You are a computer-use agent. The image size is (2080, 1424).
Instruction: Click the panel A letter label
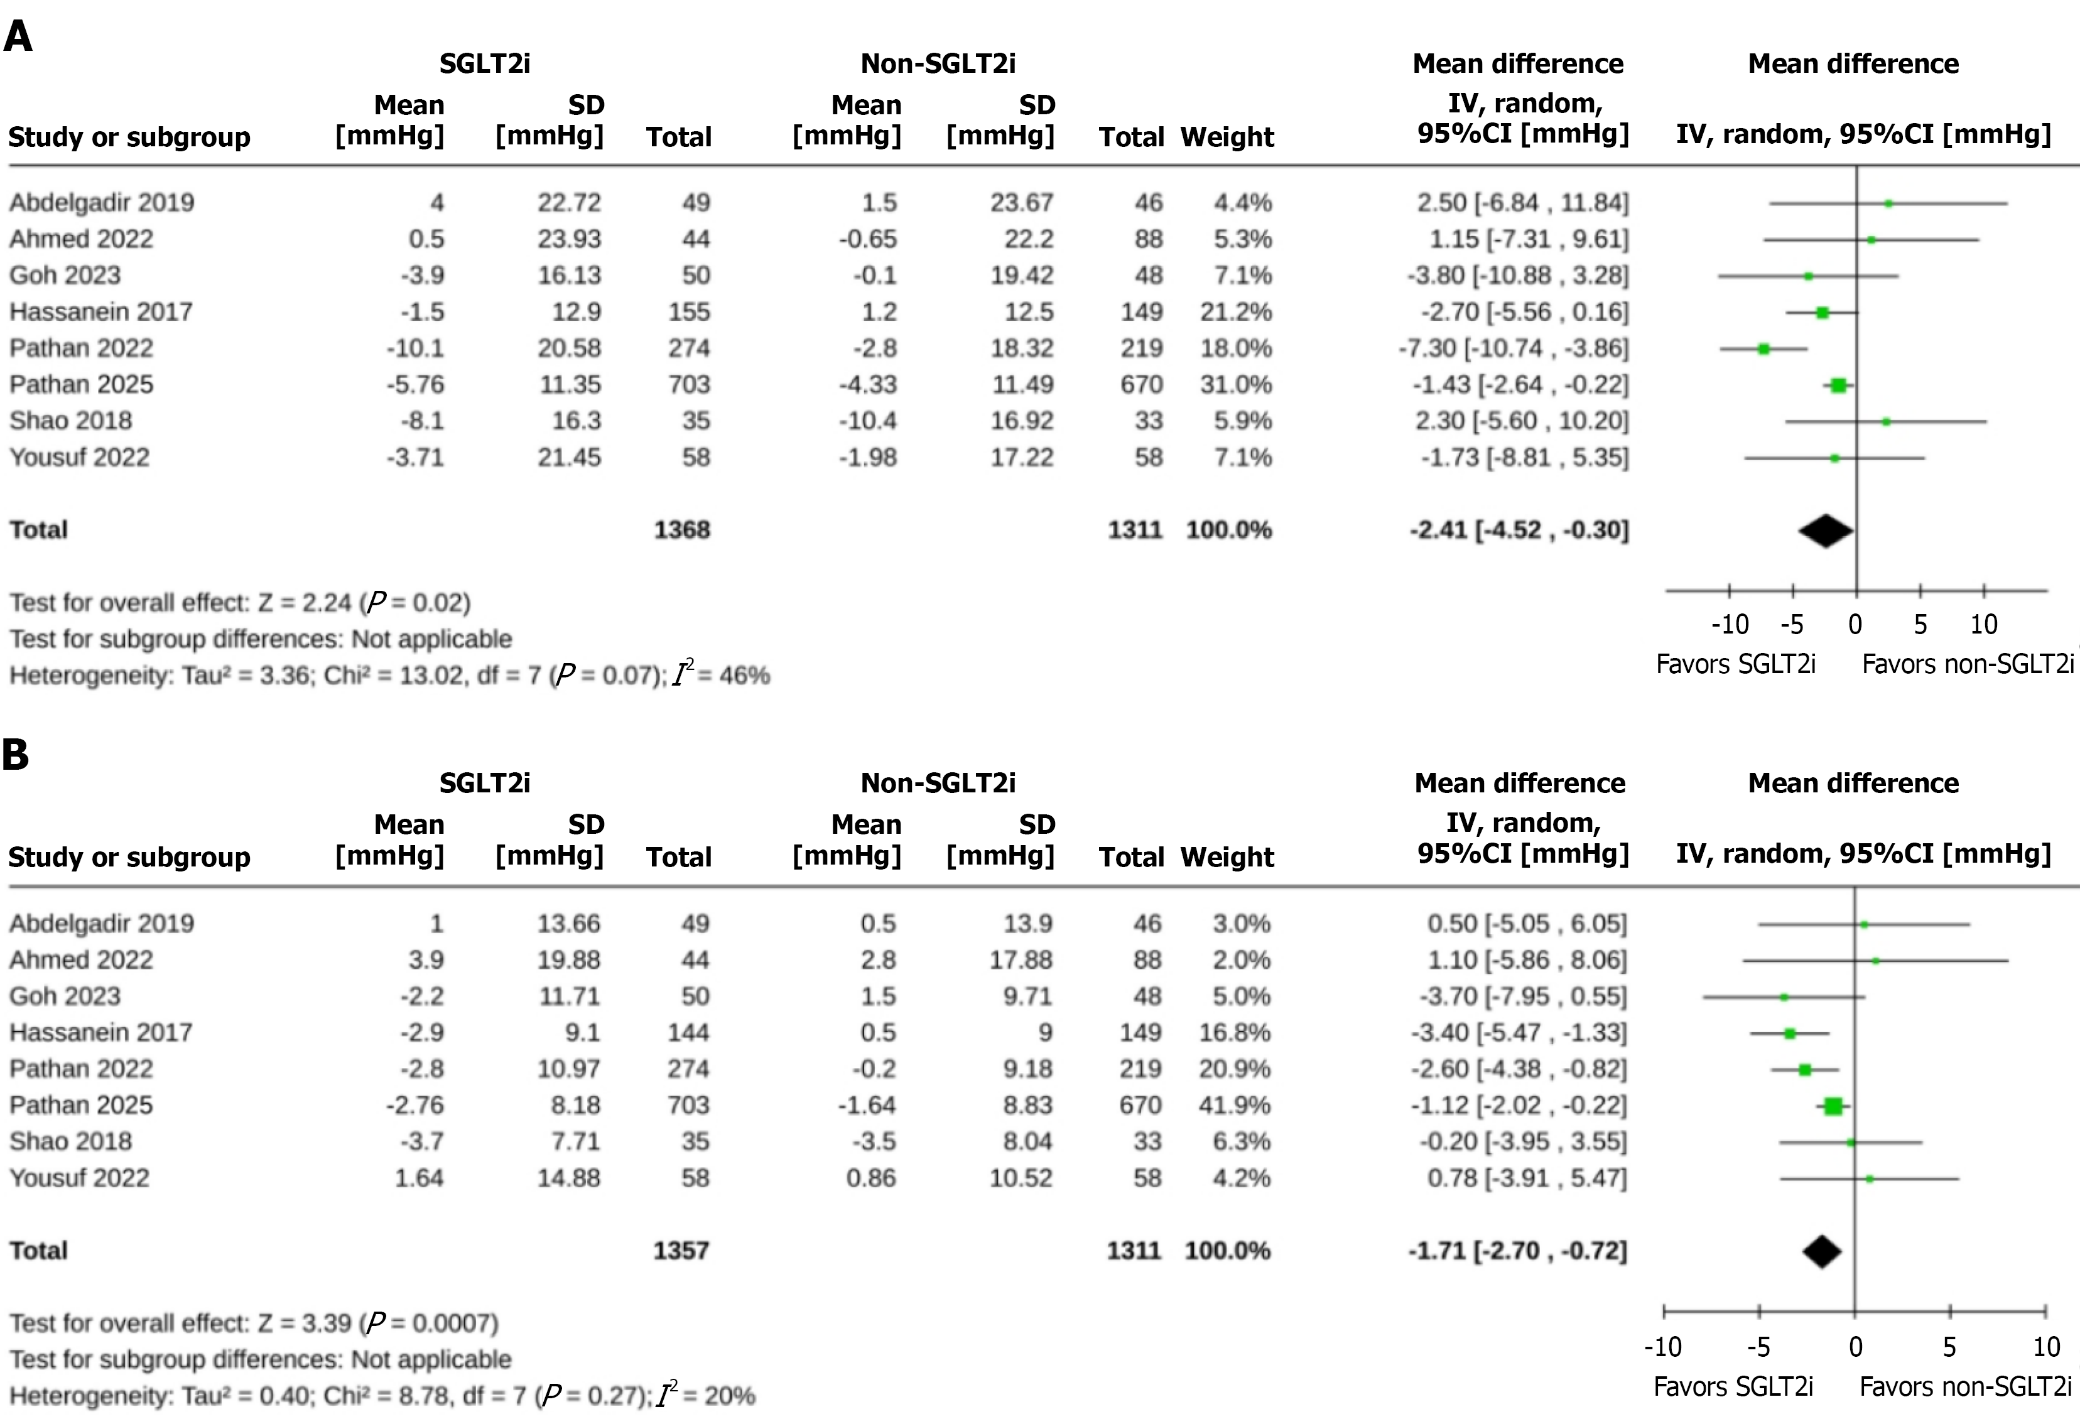coord(18,38)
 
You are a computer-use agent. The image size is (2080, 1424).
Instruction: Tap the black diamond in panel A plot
coord(1826,531)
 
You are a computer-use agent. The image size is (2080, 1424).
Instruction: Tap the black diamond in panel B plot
coord(1823,1251)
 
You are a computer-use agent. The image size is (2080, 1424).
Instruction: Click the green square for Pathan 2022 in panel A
coord(1763,349)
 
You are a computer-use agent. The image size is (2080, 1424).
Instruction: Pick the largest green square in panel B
coord(1833,1106)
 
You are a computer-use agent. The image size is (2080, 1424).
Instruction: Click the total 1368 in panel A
coord(682,530)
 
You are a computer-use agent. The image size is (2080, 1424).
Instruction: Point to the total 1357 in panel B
coord(681,1250)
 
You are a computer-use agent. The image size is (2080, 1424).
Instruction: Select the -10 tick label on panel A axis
coord(1729,625)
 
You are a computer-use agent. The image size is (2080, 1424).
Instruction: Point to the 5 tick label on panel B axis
coord(1949,1347)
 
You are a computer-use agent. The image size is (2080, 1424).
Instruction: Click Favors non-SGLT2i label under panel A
coord(1967,664)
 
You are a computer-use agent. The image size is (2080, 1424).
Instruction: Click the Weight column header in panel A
coord(1227,137)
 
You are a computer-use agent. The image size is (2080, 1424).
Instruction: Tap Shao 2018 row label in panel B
coord(71,1141)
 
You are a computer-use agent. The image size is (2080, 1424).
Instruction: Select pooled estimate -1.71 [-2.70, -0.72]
coord(1518,1250)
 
